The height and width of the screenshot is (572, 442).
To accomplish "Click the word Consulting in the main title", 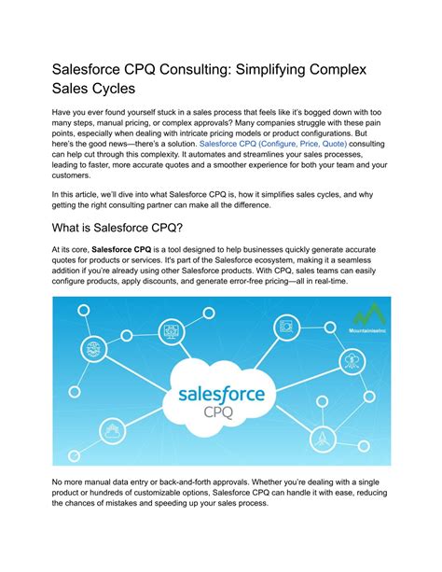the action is point(201,73).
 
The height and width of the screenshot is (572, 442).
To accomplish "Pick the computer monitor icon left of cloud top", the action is point(171,330).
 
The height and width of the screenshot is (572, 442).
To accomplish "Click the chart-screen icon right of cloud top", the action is point(285,328).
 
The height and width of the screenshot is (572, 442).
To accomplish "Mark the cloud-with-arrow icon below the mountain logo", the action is point(355,357).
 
